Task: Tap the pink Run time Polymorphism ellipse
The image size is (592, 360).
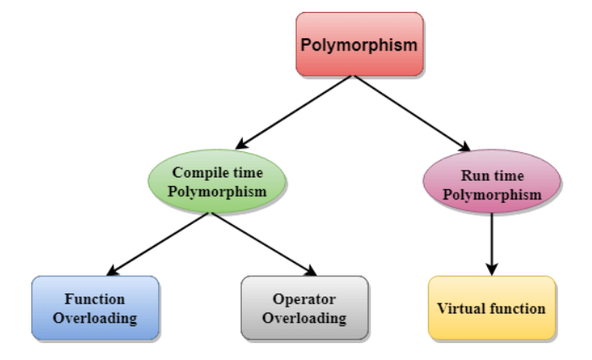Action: click(x=491, y=185)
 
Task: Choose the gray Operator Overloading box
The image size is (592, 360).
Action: click(x=304, y=308)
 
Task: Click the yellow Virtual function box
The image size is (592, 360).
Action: click(x=491, y=308)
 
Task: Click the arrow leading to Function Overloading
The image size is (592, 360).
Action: click(x=156, y=244)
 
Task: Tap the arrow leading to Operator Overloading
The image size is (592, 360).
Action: click(x=262, y=244)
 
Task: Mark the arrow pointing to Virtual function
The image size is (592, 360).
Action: click(x=491, y=245)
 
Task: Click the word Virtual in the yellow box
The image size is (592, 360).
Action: click(x=460, y=308)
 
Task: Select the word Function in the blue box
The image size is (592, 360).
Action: click(x=95, y=299)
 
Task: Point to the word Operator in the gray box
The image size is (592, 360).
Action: click(x=305, y=299)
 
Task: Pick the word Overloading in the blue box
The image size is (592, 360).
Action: click(x=95, y=319)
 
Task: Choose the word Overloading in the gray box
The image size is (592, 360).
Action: click(x=305, y=319)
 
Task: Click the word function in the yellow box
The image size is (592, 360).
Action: click(x=516, y=308)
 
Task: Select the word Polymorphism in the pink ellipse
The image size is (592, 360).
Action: click(x=491, y=195)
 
